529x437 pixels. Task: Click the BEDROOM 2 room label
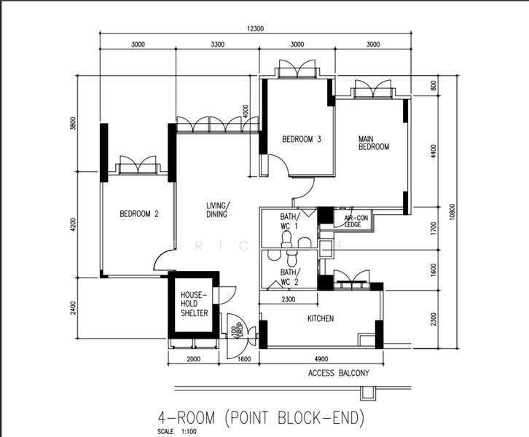[x=139, y=213]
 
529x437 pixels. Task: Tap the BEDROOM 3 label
[x=302, y=140]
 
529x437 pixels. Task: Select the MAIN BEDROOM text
[x=373, y=142]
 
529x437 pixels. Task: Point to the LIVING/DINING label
[x=217, y=210]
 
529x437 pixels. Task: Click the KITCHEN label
[x=320, y=318]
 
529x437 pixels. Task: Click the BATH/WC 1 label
[x=290, y=220]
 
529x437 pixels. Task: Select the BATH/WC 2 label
[x=290, y=277]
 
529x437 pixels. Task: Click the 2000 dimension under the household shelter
[x=192, y=358]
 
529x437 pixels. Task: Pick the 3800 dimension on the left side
[x=72, y=124]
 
